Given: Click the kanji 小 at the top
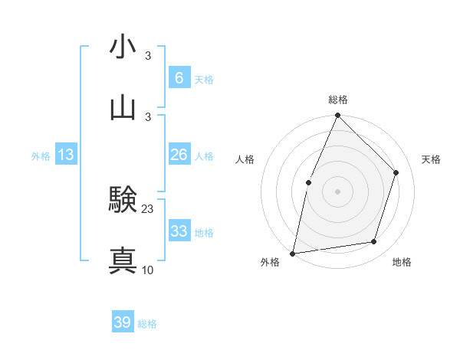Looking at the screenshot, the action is (123, 47).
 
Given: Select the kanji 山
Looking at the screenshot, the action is (123, 107).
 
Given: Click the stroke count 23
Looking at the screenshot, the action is (148, 208).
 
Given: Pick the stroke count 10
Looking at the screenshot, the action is (148, 270).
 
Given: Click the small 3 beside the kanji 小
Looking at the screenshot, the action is (148, 56).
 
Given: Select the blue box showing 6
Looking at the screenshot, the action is (179, 78).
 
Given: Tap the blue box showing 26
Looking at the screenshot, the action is (179, 155).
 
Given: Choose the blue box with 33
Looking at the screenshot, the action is (179, 231).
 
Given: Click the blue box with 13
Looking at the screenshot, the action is (66, 155).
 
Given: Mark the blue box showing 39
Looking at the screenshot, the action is (122, 322).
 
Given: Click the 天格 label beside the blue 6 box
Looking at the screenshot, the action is (204, 80).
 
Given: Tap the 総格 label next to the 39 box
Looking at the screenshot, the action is (147, 324).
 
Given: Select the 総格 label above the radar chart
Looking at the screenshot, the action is (337, 100).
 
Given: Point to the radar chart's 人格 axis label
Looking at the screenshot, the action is (245, 159).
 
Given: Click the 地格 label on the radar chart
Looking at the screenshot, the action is (402, 263).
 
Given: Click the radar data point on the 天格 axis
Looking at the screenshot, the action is (396, 172).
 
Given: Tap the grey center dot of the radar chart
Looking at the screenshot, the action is (337, 191).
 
